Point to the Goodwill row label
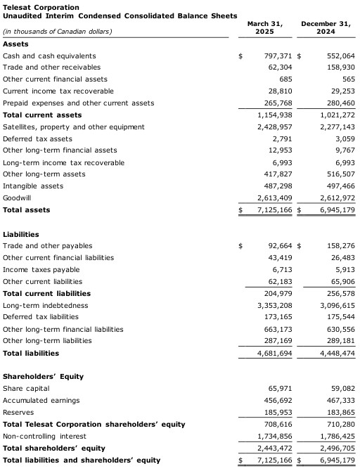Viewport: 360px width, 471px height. [17, 198]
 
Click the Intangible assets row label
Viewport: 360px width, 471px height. [33, 186]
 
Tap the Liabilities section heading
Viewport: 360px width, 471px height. [21, 234]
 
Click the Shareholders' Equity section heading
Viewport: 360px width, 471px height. [43, 376]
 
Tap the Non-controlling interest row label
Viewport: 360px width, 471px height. [42, 436]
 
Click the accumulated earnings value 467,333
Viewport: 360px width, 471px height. [340, 400]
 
